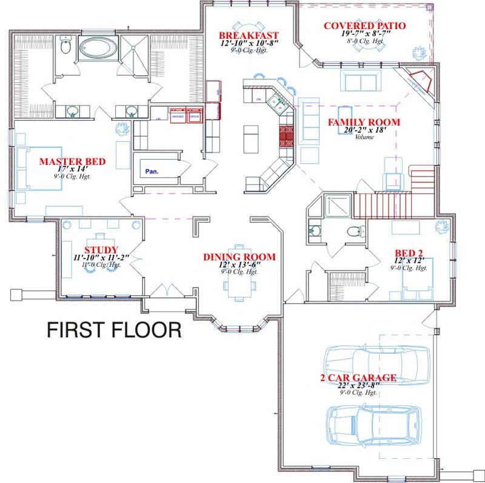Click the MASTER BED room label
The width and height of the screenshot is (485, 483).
(72, 162)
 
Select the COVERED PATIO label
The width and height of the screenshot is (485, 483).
(364, 25)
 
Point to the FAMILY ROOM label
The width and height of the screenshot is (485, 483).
(364, 123)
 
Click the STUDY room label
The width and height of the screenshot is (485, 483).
(97, 250)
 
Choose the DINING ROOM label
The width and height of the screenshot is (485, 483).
(239, 257)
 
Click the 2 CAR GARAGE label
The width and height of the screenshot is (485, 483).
(358, 378)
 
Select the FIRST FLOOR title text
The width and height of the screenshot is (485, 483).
(115, 330)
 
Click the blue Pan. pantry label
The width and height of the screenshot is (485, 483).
(152, 172)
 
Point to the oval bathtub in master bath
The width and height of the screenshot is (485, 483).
(97, 47)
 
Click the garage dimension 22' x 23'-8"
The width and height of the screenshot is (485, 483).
(358, 385)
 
